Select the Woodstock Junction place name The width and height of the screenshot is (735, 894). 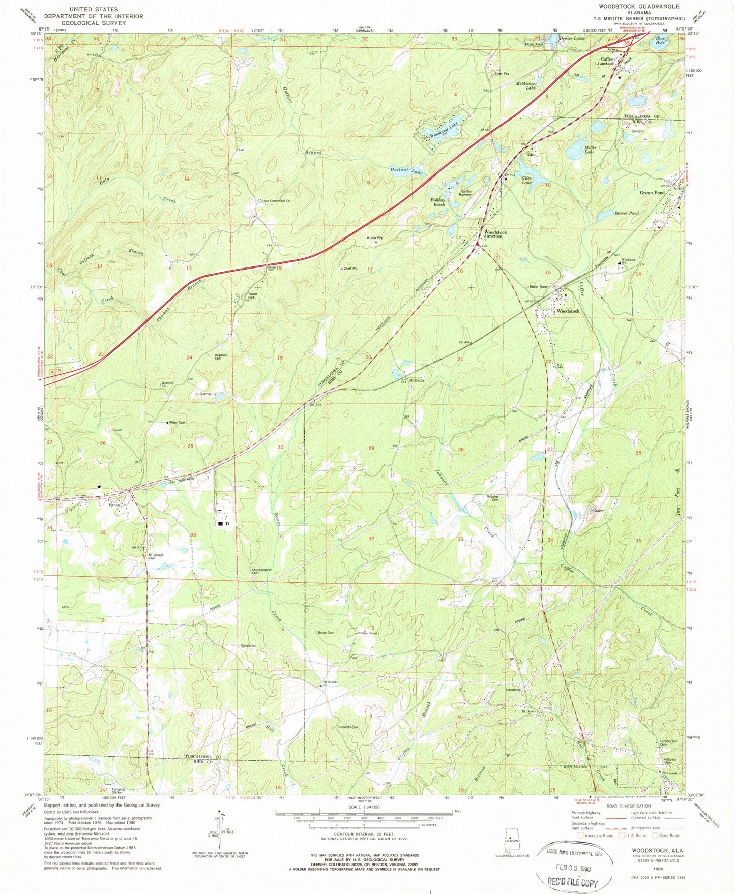click(x=495, y=234)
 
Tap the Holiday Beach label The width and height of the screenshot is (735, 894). click(x=438, y=202)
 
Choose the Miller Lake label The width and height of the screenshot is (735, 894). click(x=590, y=150)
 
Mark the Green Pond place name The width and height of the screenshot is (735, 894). click(x=652, y=193)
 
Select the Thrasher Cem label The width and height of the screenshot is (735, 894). click(x=492, y=498)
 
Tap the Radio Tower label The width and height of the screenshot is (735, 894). click(x=538, y=287)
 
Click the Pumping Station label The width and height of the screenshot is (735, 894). click(x=119, y=791)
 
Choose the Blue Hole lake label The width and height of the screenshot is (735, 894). click(x=660, y=40)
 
